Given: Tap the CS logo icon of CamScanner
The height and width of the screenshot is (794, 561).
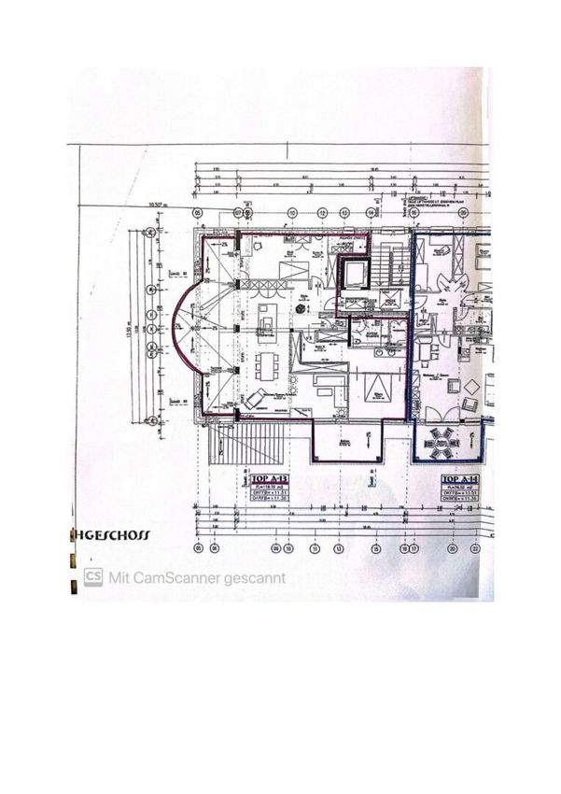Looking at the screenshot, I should click(x=93, y=576).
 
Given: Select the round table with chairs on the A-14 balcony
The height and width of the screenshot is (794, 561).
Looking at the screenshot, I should click(x=442, y=439).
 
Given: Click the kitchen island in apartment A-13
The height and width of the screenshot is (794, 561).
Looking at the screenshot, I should click(x=267, y=317).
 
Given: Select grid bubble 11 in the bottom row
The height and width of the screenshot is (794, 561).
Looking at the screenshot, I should click(x=315, y=548).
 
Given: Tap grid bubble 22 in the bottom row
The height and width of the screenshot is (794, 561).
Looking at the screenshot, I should click(x=476, y=548).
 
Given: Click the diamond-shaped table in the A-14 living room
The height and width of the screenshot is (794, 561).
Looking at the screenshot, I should click(x=472, y=386).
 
